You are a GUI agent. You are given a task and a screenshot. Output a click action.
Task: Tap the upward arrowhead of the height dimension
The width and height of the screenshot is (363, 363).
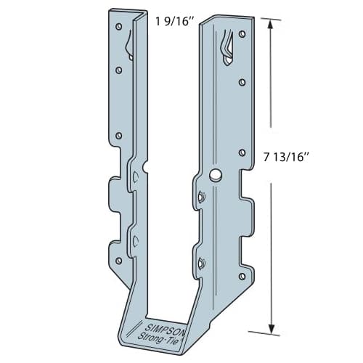272,24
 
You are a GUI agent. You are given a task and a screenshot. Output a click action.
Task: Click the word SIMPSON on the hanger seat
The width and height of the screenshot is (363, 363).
169,324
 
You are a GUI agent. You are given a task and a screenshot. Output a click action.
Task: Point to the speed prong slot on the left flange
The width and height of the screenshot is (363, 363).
129,45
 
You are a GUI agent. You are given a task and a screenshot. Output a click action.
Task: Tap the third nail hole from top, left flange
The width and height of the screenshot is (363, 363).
118,135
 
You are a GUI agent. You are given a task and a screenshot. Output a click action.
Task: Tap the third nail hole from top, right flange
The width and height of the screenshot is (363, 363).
241,152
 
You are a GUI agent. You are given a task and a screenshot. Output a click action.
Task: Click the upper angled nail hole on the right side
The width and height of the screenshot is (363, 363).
200,196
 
